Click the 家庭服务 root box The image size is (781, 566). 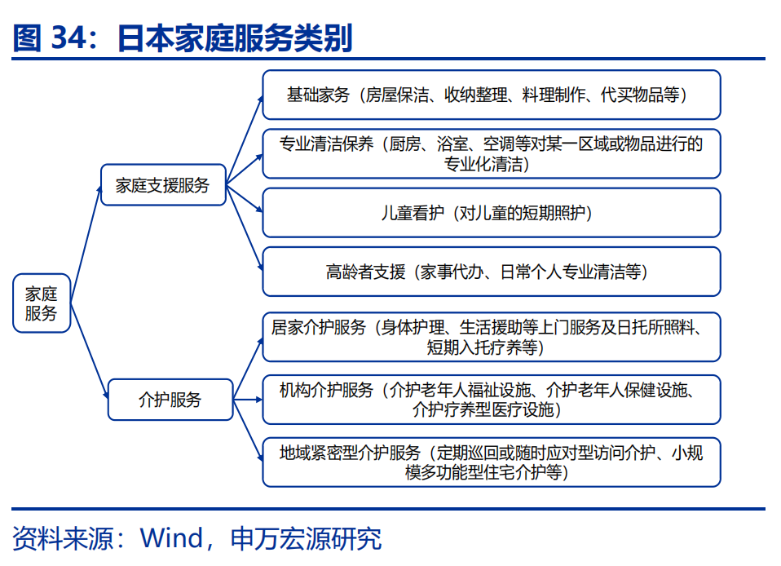point(42,303)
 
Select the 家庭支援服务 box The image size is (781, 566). point(163,185)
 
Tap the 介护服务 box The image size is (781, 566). point(170,400)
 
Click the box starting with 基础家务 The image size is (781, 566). point(491,95)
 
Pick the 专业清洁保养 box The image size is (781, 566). point(491,153)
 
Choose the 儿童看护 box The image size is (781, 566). point(491,213)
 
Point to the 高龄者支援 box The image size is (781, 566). point(491,272)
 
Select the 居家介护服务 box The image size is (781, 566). point(491,337)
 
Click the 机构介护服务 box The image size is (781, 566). point(491,400)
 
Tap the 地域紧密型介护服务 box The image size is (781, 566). point(491,462)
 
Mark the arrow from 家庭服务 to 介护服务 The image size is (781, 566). point(89,351)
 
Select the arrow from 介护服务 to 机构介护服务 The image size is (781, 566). point(248,400)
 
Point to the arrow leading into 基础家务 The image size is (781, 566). point(244,140)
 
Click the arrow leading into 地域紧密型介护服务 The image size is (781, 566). point(248,431)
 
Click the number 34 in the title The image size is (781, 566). point(69,38)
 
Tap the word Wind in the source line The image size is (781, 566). point(172,538)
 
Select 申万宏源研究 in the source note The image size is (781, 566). point(306,538)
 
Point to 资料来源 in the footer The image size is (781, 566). point(63,538)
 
